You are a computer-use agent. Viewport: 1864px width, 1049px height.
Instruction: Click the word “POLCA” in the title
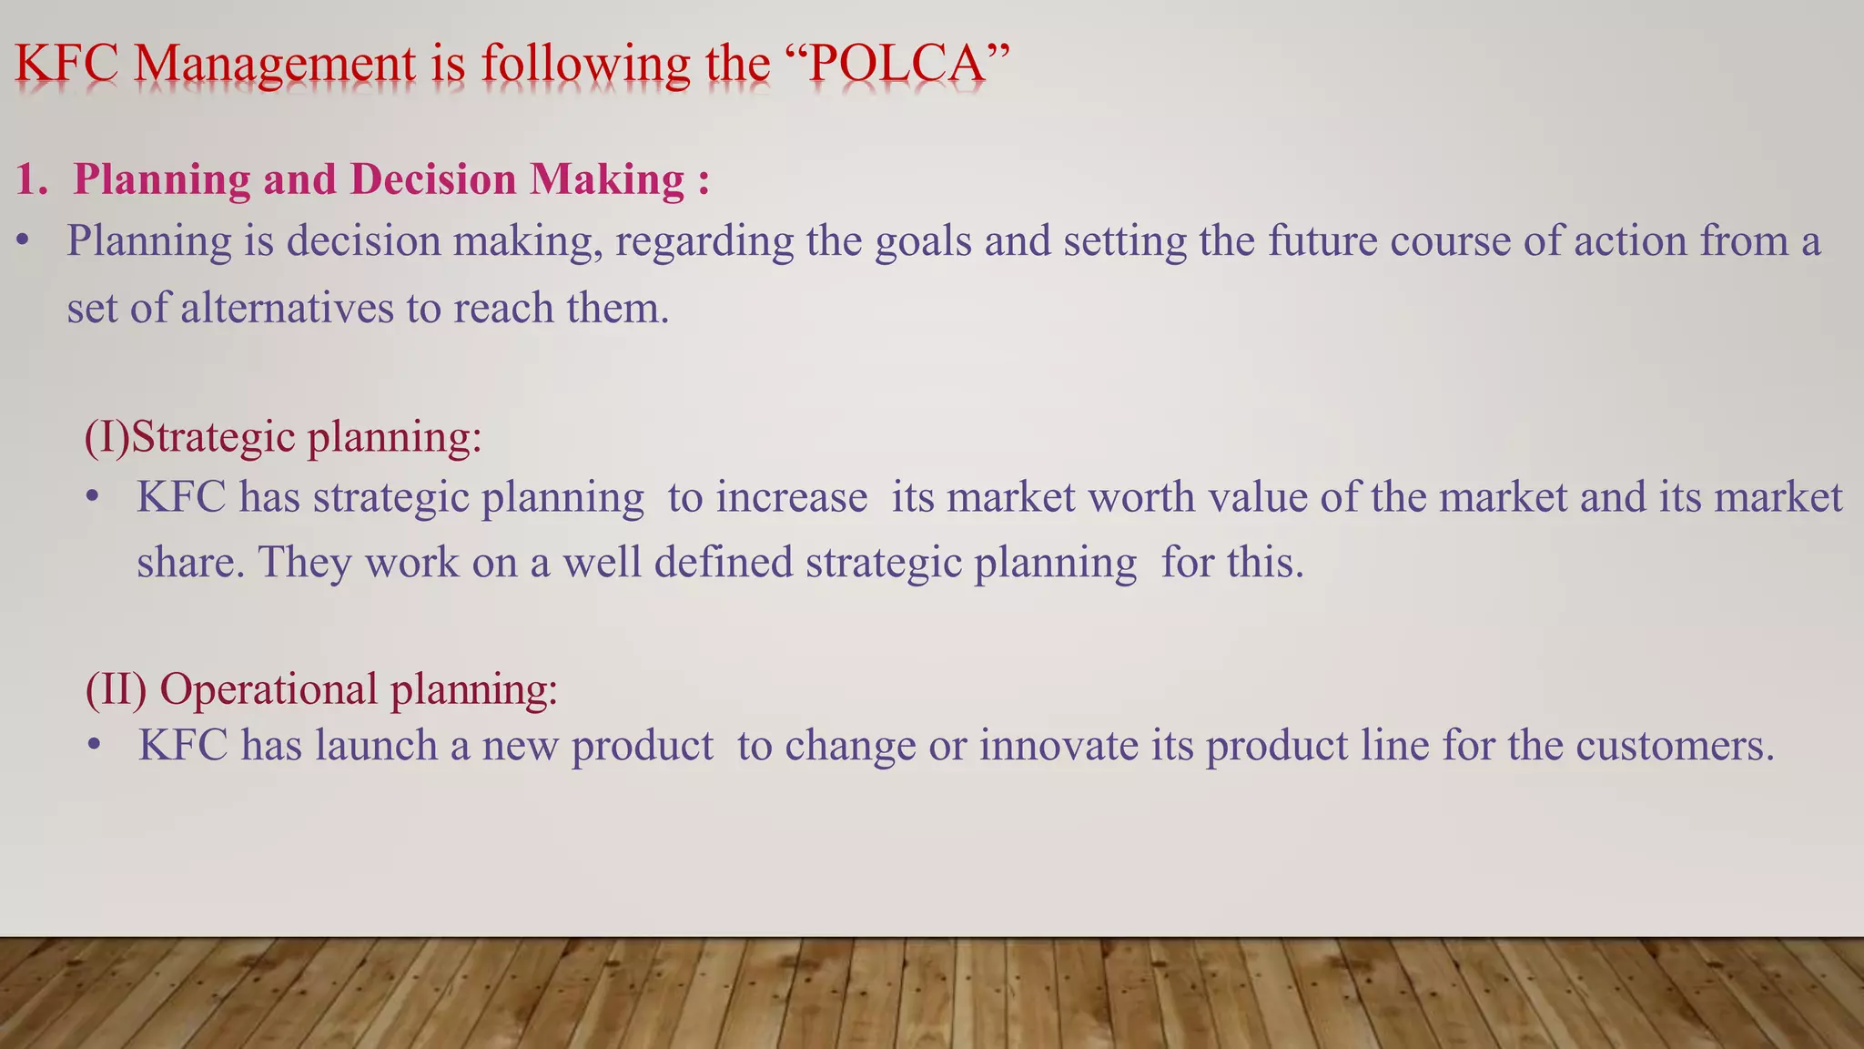pos(896,64)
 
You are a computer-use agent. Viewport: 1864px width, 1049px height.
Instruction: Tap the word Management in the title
pos(275,66)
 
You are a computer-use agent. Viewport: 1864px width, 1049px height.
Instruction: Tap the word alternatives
pos(287,308)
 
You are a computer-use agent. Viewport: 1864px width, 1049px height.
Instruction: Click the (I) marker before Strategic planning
pos(106,437)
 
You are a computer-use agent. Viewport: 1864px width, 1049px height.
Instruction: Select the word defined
pos(724,562)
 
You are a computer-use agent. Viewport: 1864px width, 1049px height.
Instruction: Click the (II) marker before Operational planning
pos(116,688)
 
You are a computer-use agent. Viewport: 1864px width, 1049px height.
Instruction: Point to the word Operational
pos(268,689)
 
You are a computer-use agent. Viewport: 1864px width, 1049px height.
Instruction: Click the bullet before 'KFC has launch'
pos(94,746)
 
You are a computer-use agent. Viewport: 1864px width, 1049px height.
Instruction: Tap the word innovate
pos(1059,746)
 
